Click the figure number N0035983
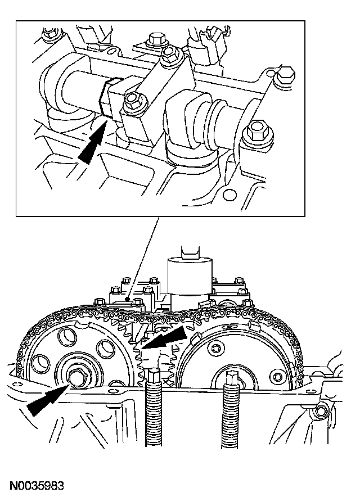36,485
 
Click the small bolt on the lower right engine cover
321,412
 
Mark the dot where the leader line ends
128,299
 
